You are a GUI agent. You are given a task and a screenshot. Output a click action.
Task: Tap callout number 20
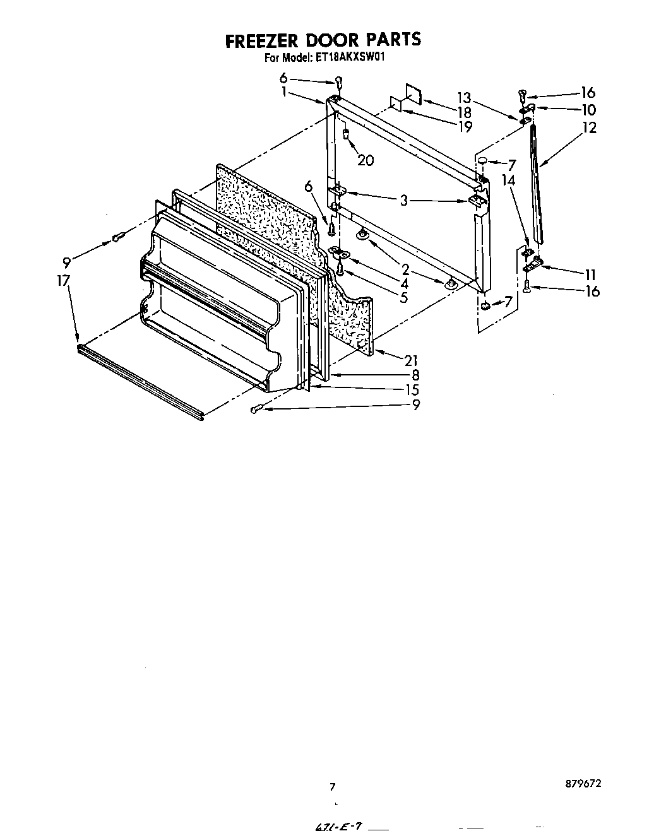[x=365, y=160]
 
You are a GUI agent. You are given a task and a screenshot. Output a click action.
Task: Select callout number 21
[x=411, y=360]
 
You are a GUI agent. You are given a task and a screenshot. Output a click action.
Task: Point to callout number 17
[x=63, y=280]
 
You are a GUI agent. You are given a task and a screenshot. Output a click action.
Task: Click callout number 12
[x=589, y=127]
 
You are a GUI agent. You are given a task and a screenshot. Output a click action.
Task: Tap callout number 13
[x=464, y=97]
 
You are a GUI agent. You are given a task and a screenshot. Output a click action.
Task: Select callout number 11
[x=590, y=274]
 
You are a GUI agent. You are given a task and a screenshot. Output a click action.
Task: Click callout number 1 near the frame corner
[x=285, y=92]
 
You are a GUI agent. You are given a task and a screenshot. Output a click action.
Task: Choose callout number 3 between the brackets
[x=404, y=201]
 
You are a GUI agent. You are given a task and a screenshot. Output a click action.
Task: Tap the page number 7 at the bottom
[x=333, y=787]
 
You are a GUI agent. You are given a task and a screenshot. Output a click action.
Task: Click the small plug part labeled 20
[x=346, y=133]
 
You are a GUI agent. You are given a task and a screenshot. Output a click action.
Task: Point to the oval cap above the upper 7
[x=483, y=160]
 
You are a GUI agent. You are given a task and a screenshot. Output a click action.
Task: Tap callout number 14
[x=508, y=180]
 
